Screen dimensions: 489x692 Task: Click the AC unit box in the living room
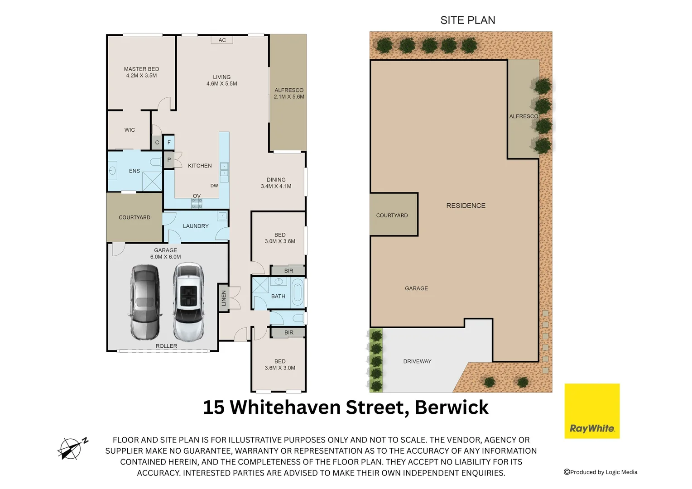coord(222,40)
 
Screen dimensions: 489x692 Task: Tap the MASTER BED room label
coord(141,69)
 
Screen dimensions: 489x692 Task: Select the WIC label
coord(130,130)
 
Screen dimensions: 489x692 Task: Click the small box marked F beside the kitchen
coord(169,142)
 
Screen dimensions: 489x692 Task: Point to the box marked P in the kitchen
coord(169,160)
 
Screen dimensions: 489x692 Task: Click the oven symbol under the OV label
coord(197,203)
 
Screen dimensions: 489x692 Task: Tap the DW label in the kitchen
coord(214,186)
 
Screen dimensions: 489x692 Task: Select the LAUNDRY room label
coord(196,226)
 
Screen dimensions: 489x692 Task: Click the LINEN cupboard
coord(224,298)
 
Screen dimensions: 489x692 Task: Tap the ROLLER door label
coord(166,346)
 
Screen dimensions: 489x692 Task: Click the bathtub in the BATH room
coord(297,293)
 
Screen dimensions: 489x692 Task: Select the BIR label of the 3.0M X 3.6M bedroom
coord(288,271)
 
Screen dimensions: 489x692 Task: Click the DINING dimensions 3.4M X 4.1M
coord(276,187)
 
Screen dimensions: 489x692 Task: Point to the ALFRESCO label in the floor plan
coord(289,90)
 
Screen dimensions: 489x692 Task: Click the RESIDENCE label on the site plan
coord(466,206)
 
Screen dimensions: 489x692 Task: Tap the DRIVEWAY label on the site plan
coord(417,361)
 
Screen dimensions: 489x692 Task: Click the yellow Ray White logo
coord(592,411)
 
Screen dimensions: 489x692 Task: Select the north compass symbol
coord(72,449)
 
